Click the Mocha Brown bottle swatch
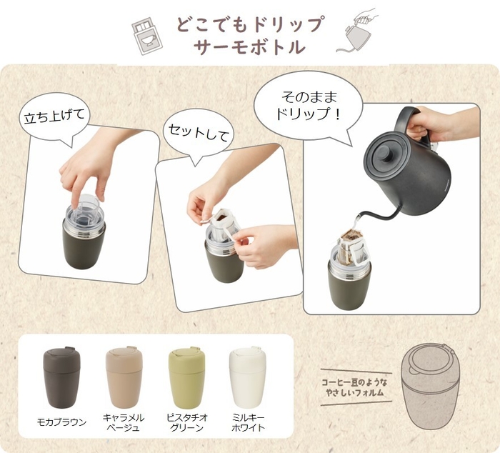coord(61,373)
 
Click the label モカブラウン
coord(61,422)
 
